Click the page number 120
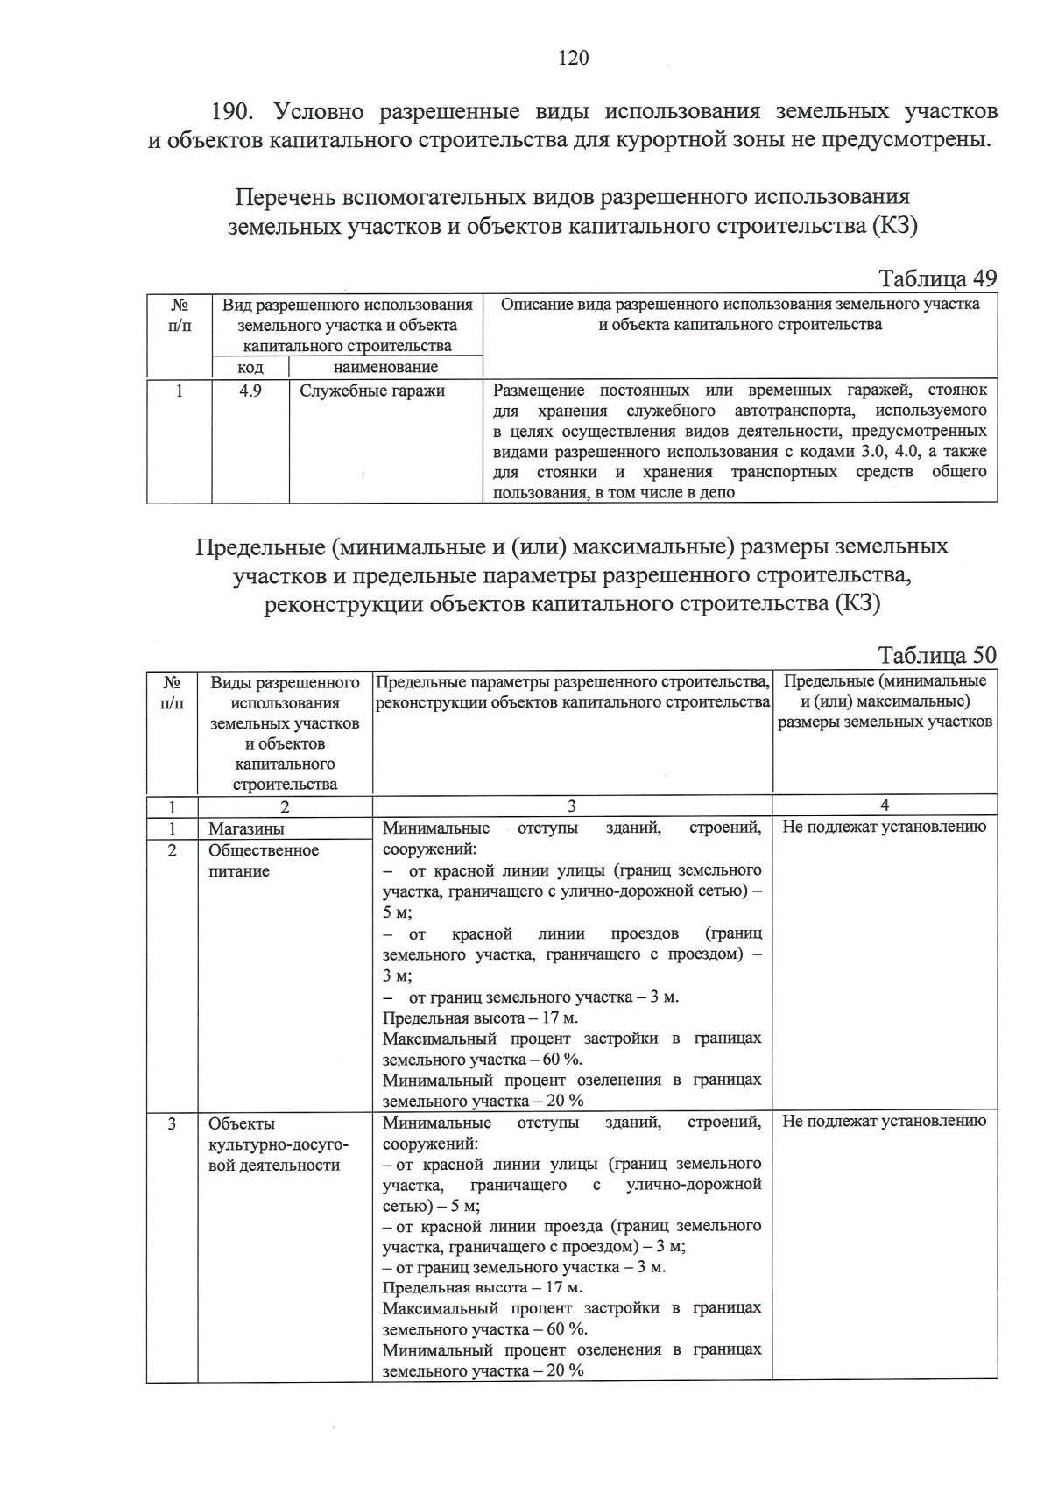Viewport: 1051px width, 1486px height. coord(574,58)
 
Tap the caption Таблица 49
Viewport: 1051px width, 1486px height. coord(937,278)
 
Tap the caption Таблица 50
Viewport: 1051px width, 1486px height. coord(937,656)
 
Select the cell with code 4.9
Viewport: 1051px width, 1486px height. coord(250,391)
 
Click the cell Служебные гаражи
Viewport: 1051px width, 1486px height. coord(372,391)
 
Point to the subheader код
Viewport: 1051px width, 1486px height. coord(250,367)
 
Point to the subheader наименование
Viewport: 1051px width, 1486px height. coord(385,367)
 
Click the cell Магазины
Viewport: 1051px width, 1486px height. coord(246,828)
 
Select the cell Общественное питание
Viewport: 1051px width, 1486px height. coord(263,861)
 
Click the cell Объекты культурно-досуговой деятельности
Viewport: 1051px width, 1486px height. coord(278,1144)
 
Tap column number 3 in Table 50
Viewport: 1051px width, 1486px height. coord(572,806)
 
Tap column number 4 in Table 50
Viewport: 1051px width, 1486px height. coord(885,806)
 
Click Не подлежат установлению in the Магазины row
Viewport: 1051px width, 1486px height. coord(884,827)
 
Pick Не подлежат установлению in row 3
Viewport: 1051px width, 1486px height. coord(884,1121)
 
